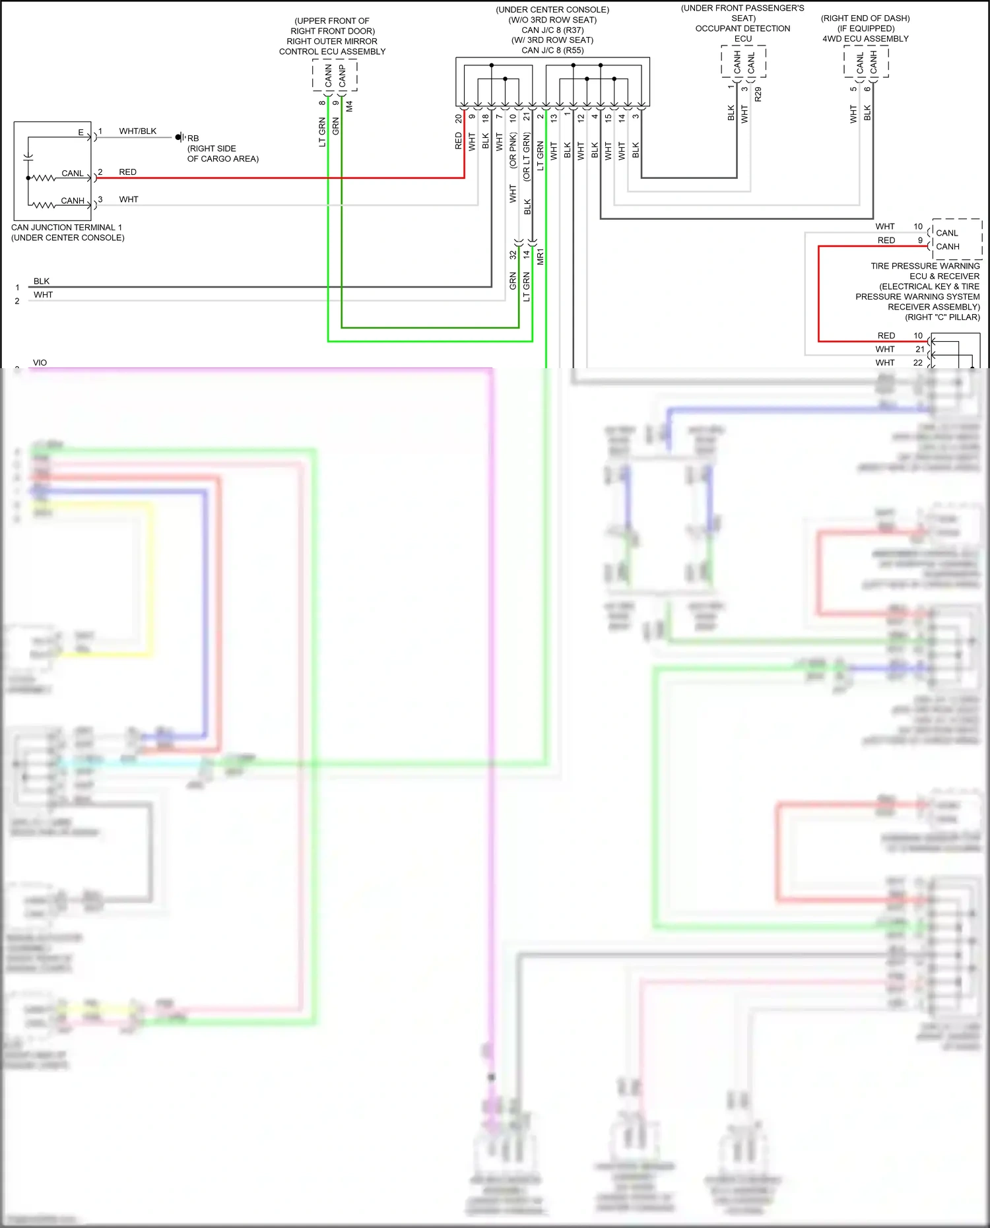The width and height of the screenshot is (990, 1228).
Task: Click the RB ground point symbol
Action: [179, 137]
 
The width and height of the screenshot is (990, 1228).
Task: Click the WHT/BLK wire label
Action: [137, 131]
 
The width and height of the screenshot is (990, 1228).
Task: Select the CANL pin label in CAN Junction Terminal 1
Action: [72, 174]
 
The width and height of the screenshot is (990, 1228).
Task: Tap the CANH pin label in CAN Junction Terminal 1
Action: [72, 201]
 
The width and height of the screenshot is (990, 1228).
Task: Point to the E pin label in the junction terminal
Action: [81, 133]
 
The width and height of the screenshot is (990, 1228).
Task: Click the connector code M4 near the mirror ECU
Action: [350, 106]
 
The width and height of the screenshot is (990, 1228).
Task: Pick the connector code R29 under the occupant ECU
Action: [758, 94]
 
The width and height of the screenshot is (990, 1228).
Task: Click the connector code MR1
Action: [541, 257]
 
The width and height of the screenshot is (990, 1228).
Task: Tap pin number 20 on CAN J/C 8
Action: [459, 119]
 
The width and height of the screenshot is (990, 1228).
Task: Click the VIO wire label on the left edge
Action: [40, 362]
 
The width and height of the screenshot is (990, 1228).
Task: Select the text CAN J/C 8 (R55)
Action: [552, 50]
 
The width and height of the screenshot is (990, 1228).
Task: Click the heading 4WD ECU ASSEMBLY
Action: [865, 39]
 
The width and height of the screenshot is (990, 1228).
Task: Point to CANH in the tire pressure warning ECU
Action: [947, 247]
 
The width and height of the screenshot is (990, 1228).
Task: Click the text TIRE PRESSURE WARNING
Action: [925, 266]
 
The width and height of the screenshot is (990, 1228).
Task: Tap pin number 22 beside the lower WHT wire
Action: [918, 362]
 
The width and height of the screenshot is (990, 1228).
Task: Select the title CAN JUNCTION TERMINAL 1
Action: [67, 228]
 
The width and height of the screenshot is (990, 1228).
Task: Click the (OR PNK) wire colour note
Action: [513, 150]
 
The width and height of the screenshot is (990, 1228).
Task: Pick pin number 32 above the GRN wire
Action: [513, 255]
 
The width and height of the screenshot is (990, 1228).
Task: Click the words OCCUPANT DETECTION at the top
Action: [742, 28]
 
